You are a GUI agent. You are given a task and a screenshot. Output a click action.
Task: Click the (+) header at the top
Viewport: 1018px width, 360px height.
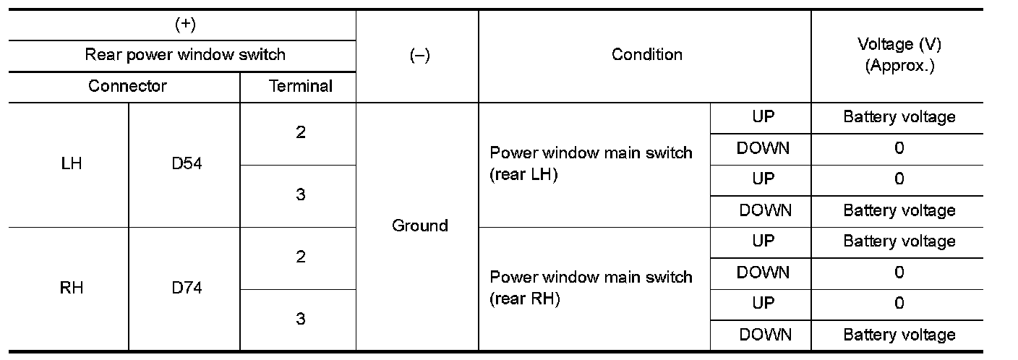pos(185,25)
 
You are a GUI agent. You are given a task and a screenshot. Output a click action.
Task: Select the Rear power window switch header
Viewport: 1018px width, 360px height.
pos(185,55)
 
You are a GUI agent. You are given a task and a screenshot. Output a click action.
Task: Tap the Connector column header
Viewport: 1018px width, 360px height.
pos(127,86)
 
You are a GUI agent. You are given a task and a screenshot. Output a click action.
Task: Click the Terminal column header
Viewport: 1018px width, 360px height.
pos(301,86)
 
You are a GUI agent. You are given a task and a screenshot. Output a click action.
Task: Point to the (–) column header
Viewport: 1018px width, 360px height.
pos(419,55)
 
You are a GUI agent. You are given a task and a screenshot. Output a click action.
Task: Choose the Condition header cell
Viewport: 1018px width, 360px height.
pos(646,55)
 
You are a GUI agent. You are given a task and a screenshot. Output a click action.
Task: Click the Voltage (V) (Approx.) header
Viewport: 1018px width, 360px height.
pos(899,55)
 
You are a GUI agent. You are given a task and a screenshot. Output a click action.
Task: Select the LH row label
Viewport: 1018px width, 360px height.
pos(72,164)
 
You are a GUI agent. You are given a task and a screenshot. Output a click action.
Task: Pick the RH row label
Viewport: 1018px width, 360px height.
pos(72,288)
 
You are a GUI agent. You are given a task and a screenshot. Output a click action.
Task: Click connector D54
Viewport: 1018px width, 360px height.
pos(187,164)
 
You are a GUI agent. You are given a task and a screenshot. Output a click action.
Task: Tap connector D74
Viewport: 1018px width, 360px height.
pos(187,288)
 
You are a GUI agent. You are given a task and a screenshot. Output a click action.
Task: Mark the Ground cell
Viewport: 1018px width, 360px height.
pos(419,226)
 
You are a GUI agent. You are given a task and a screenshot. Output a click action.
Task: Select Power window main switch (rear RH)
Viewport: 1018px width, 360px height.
pos(591,288)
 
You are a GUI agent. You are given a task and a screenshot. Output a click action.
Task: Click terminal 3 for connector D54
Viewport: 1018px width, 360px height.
pos(300,194)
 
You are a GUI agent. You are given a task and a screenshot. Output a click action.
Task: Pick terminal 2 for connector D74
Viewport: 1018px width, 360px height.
pos(300,257)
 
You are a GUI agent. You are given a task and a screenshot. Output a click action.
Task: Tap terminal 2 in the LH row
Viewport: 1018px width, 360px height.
pos(300,133)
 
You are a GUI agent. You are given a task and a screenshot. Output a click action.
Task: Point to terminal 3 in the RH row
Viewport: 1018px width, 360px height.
pos(300,319)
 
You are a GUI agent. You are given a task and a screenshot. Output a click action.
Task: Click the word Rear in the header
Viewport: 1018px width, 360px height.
pos(101,55)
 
